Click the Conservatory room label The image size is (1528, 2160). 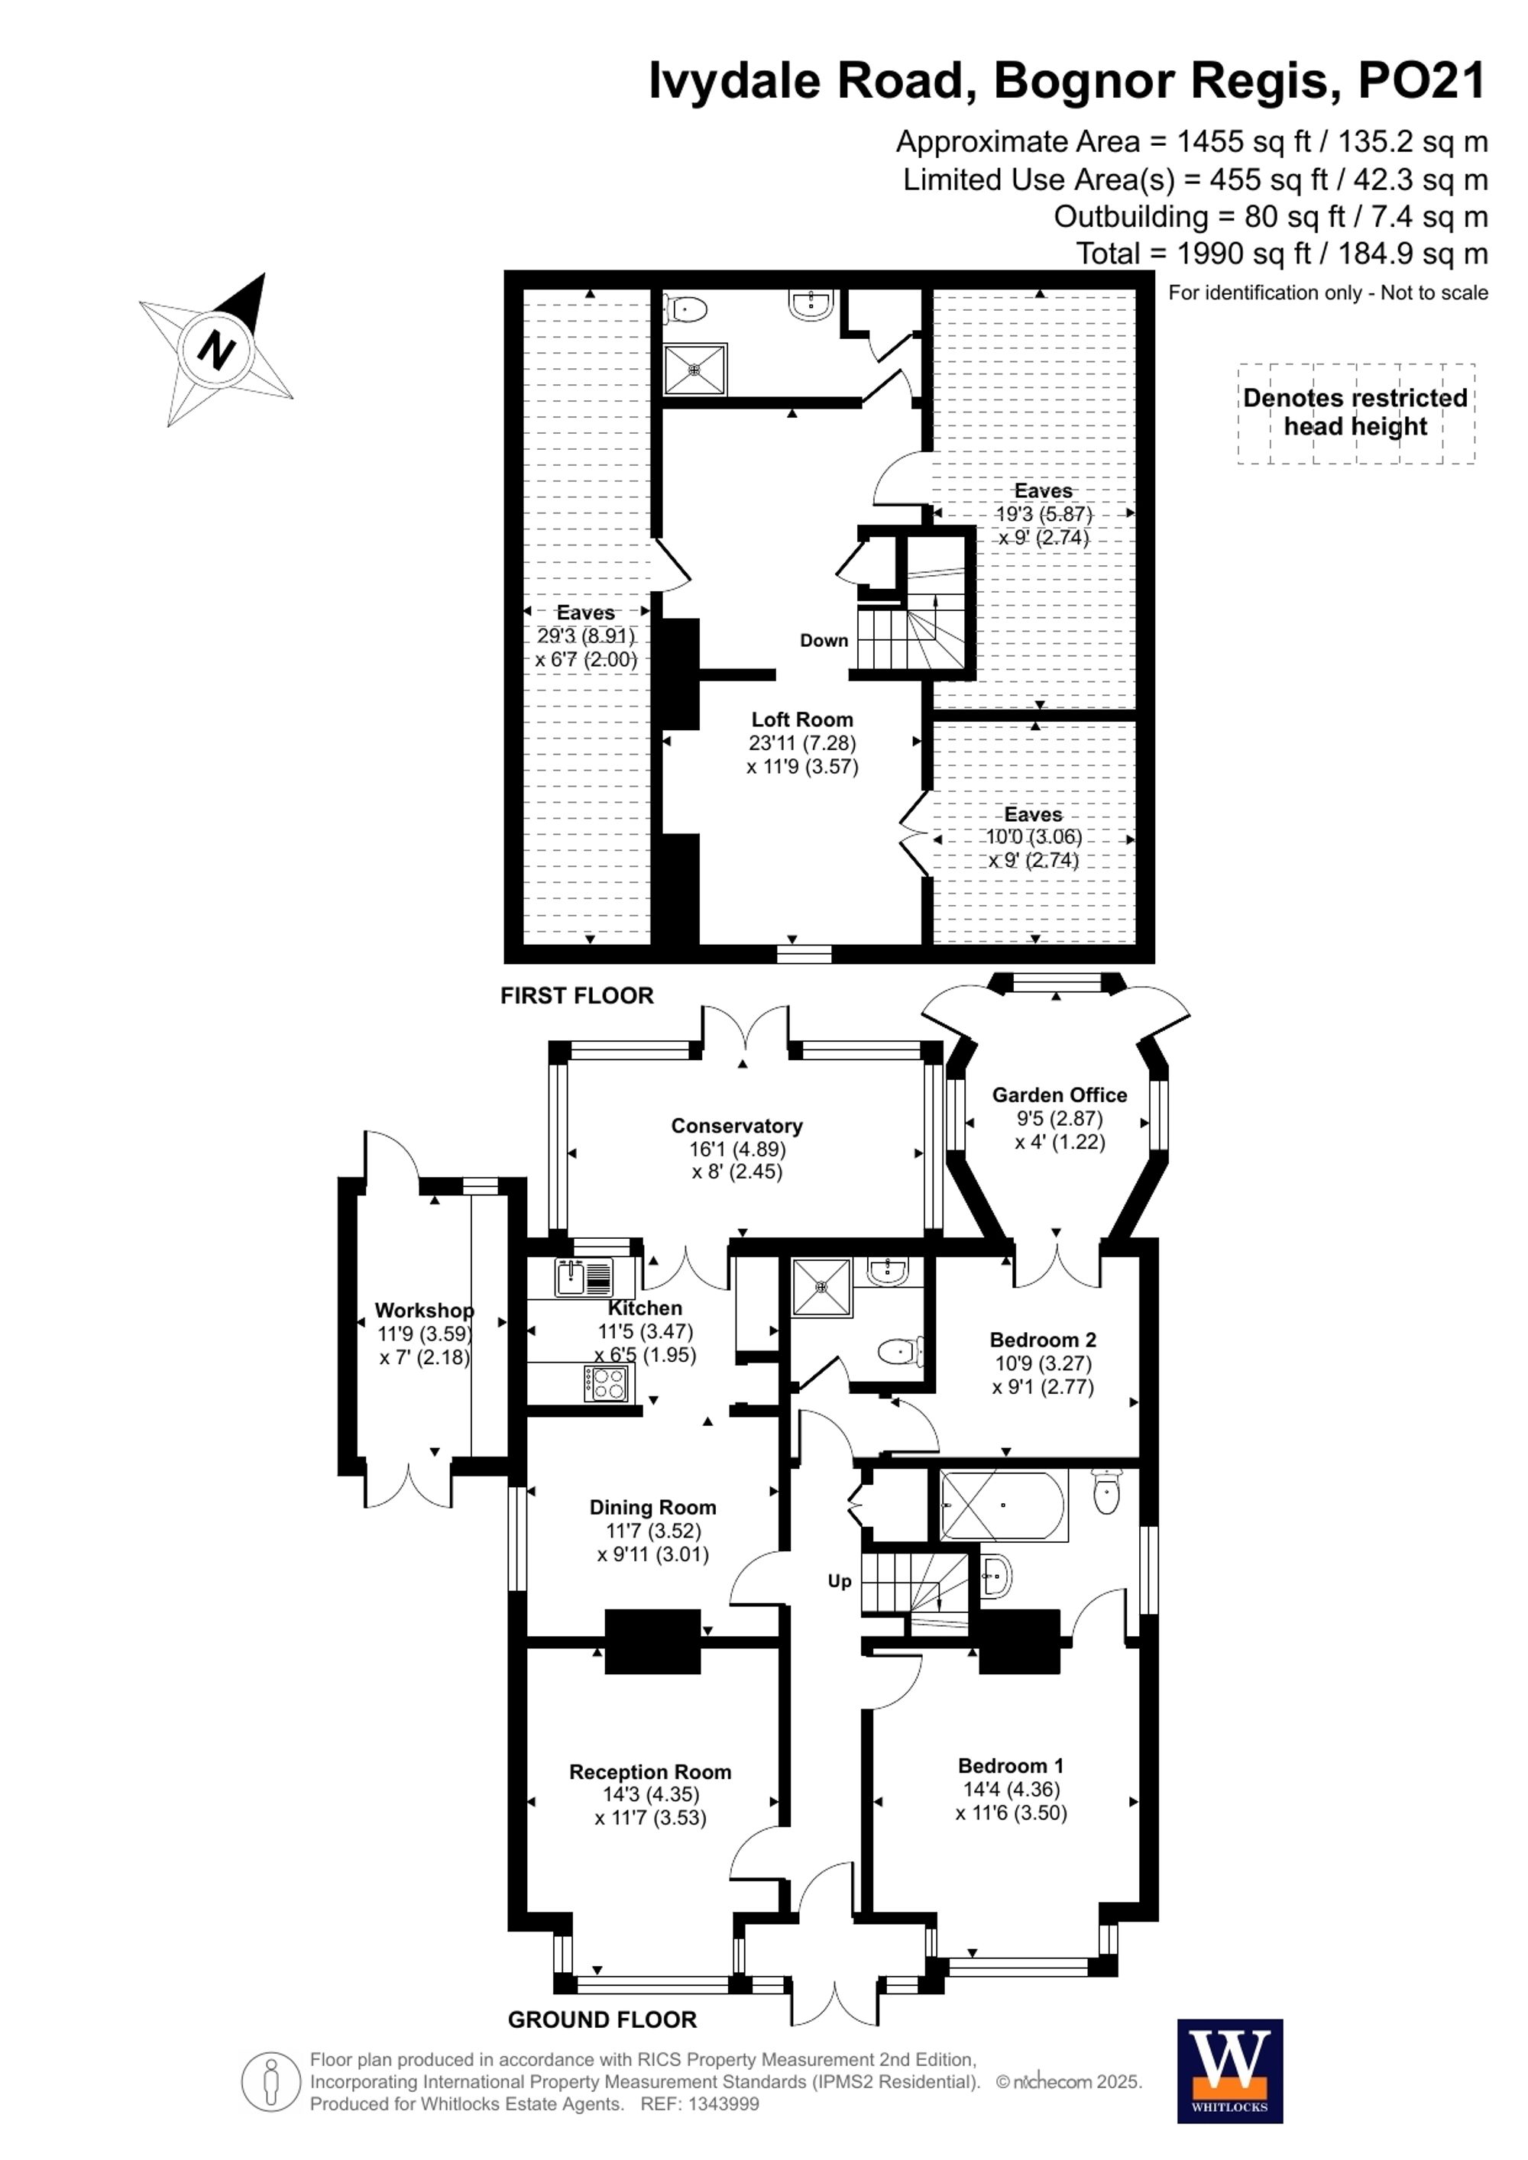coord(736,1125)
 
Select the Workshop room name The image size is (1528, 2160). coord(423,1310)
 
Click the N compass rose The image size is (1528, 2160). coord(217,350)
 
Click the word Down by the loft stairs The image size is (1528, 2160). coord(824,641)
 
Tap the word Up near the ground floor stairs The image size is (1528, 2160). coord(840,1580)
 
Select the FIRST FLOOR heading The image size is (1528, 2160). coord(576,995)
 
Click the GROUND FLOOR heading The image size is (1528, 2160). coord(602,2019)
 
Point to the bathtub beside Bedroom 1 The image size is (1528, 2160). coord(1003,1505)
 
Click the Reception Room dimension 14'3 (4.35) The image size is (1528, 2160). coord(651,1794)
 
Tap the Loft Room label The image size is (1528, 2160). coord(801,719)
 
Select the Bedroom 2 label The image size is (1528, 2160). coord(1043,1340)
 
